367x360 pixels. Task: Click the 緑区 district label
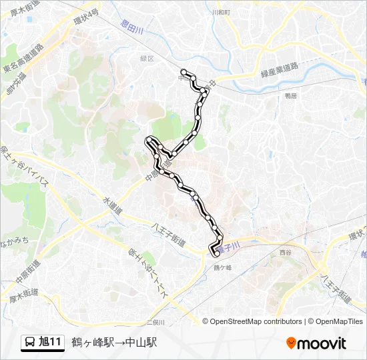tap(147, 59)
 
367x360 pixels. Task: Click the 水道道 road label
tap(111, 204)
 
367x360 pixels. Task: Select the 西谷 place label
tap(286, 253)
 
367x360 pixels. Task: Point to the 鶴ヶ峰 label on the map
tap(222, 267)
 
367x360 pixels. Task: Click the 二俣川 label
tap(155, 322)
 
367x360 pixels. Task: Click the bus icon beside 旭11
tap(30, 343)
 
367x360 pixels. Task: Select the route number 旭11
tap(50, 343)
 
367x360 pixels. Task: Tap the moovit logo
tap(316, 343)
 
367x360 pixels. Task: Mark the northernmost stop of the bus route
tap(183, 71)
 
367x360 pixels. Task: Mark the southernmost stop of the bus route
tap(216, 253)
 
